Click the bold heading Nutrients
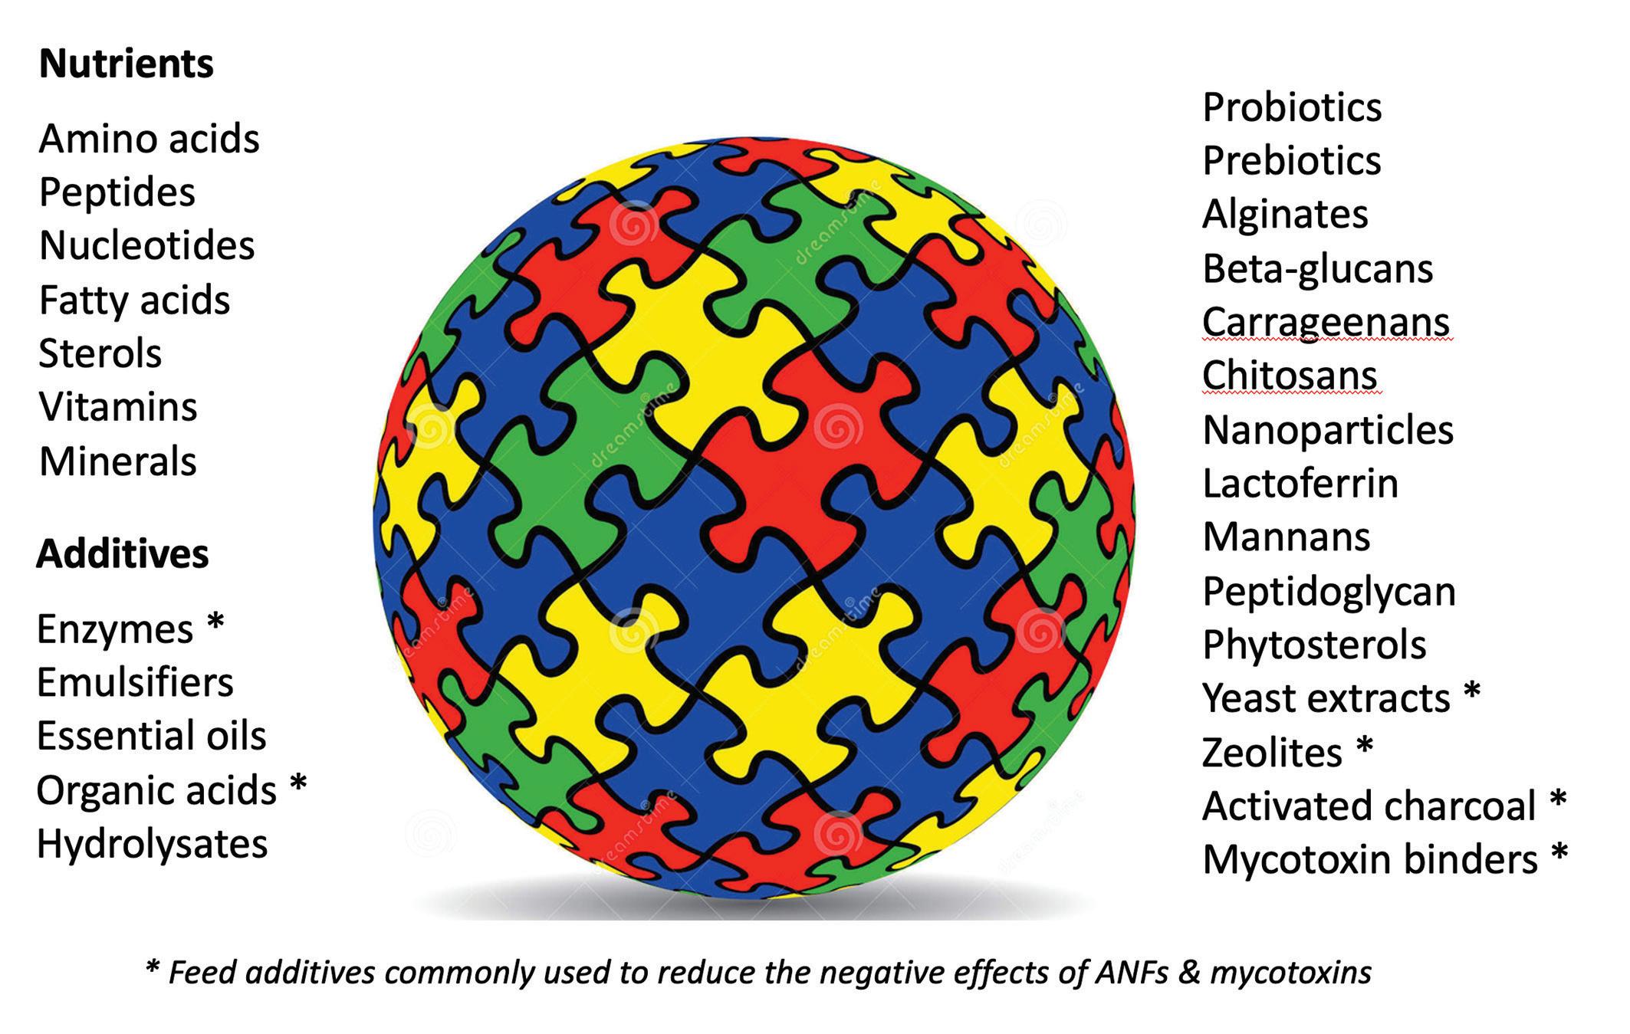tap(127, 64)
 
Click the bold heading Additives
tap(123, 553)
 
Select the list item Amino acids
tap(150, 139)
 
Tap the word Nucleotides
tap(146, 246)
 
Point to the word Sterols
tap(100, 353)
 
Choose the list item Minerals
tap(118, 461)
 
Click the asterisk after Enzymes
tap(215, 623)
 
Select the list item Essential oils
tap(151, 736)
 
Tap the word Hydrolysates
tap(152, 844)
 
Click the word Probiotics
tap(1292, 107)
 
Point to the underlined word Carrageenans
tap(1326, 322)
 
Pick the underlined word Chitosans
tap(1290, 376)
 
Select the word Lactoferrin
tap(1300, 484)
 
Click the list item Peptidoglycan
tap(1329, 592)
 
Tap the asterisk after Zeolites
tap(1365, 745)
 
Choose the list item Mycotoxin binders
tap(1370, 859)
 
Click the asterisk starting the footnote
tap(152, 968)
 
